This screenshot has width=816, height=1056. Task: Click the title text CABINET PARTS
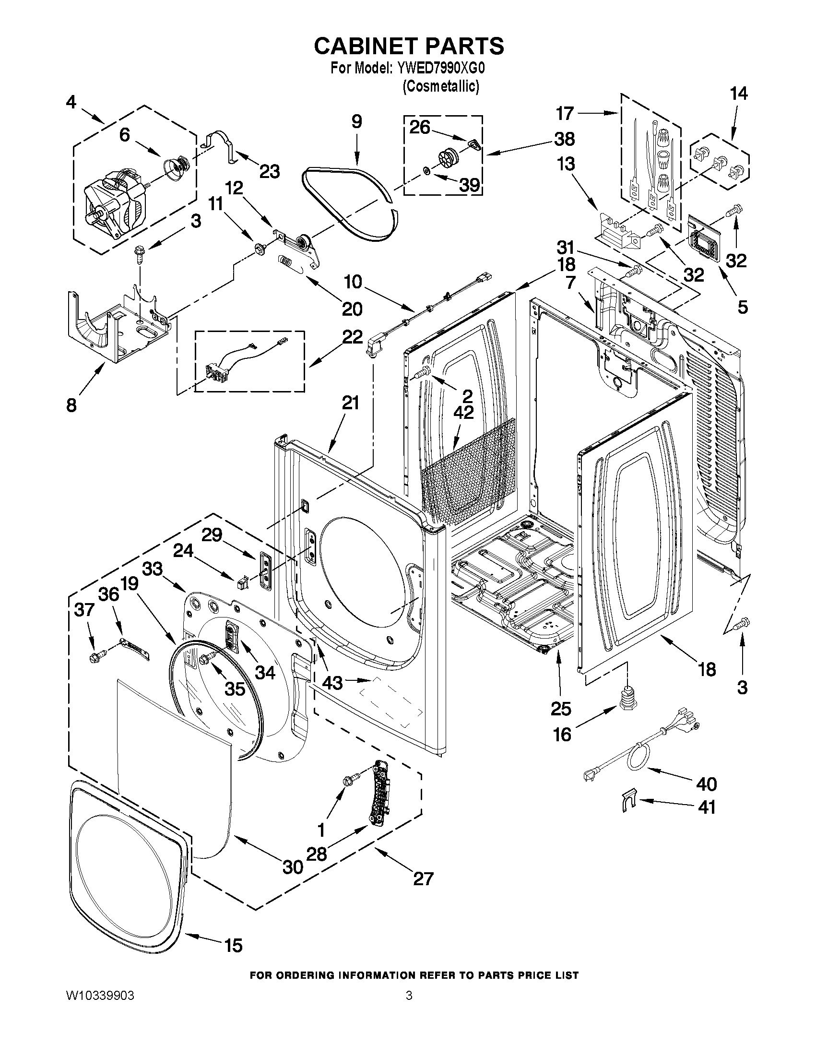click(409, 46)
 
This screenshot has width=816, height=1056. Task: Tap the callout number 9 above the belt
click(356, 121)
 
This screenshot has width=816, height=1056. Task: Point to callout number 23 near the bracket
click(269, 171)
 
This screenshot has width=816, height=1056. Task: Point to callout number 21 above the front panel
click(351, 402)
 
